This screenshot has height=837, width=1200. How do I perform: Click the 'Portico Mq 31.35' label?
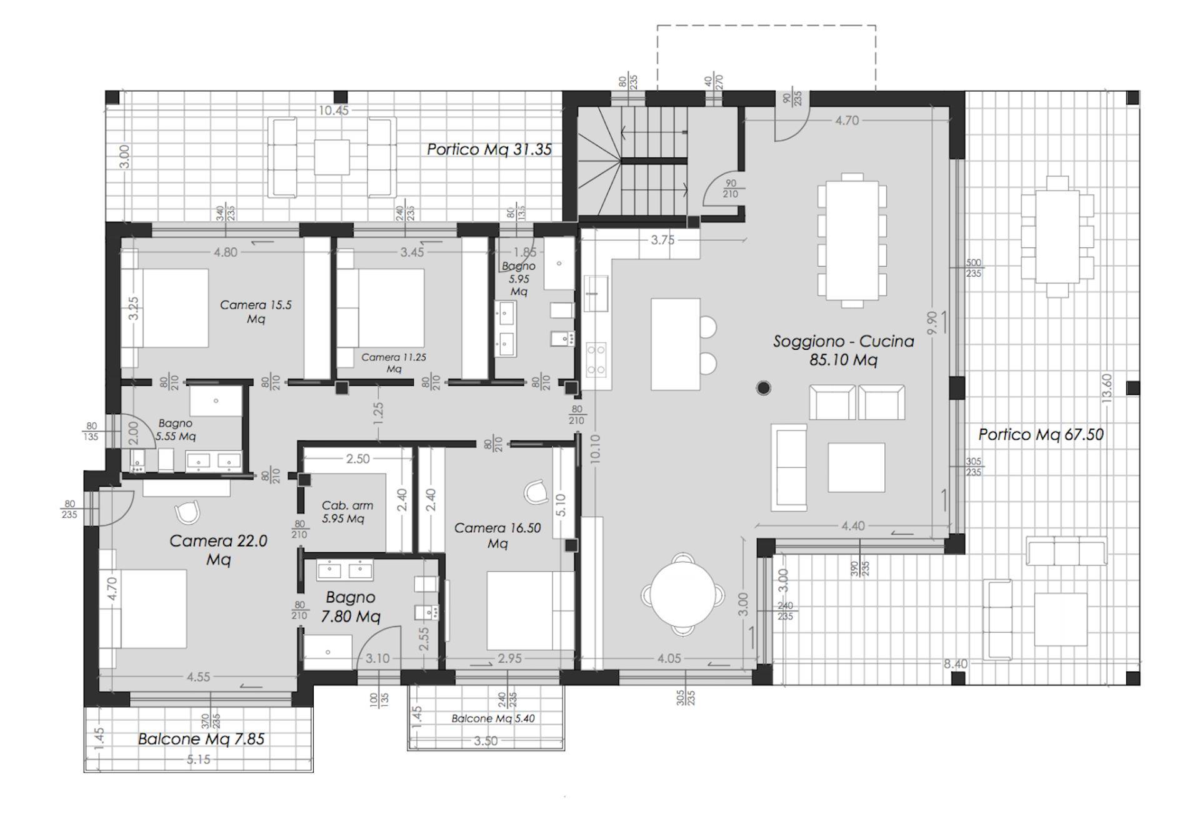(x=489, y=149)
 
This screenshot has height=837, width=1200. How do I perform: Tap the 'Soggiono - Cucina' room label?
(x=843, y=341)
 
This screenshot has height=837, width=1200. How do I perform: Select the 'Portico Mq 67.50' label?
(x=1041, y=434)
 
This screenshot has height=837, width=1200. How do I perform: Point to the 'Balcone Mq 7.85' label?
(x=201, y=739)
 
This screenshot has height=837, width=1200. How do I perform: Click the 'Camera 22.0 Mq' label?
(x=218, y=550)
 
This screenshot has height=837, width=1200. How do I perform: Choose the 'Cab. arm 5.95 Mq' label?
(x=347, y=512)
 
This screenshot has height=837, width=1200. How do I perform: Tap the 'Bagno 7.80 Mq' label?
(x=350, y=607)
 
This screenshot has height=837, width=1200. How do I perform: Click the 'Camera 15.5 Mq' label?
(x=256, y=312)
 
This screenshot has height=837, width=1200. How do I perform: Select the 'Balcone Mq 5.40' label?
(x=493, y=718)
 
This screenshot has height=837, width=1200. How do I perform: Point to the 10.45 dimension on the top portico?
(x=334, y=111)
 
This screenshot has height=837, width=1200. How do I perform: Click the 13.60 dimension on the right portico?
(x=1107, y=388)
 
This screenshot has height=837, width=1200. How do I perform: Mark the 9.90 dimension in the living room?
(x=932, y=322)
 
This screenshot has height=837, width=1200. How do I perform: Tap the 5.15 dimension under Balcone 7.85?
(x=198, y=760)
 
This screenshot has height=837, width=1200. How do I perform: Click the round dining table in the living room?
(x=684, y=594)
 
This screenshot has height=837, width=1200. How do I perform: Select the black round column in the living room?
(x=763, y=388)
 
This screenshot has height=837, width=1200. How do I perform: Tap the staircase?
(x=631, y=161)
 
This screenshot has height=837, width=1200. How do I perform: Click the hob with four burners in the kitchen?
(x=596, y=360)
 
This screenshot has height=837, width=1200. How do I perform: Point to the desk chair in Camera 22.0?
(x=187, y=513)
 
